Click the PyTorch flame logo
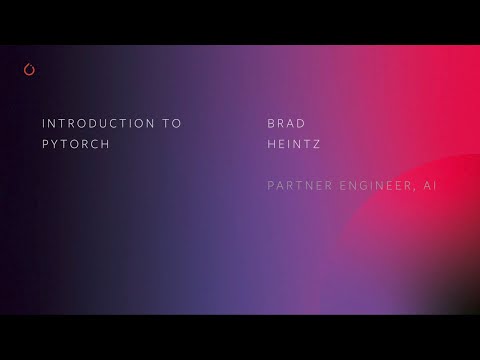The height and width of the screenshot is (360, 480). pos(28,70)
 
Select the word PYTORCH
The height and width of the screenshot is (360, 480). pos(76,144)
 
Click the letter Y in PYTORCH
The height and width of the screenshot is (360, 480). pos(57,144)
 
